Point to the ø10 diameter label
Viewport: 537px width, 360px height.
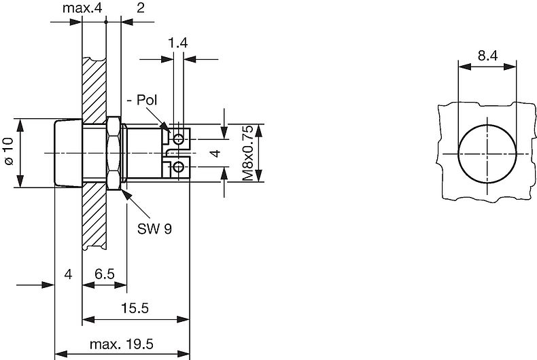click(8, 154)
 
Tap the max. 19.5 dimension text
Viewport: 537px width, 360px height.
click(122, 344)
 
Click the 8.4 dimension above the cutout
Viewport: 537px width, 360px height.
click(487, 57)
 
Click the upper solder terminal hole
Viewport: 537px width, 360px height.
click(178, 139)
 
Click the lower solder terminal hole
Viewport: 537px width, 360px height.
click(178, 167)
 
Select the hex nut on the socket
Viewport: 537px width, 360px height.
click(114, 154)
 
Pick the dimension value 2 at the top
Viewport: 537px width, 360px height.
click(140, 8)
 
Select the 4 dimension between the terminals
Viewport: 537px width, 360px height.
click(215, 154)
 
